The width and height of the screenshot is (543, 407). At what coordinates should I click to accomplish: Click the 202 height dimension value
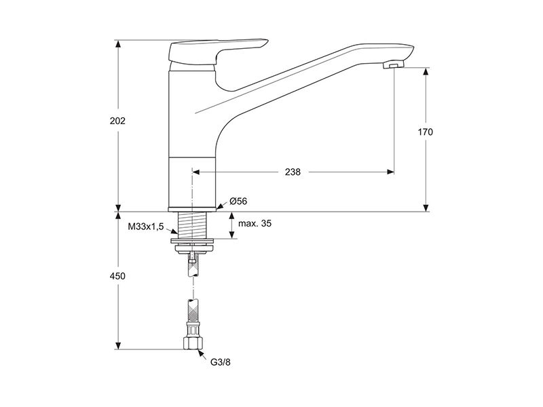117,121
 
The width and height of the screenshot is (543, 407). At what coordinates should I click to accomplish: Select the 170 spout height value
426,132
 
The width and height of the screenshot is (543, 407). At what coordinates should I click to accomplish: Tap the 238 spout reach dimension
293,172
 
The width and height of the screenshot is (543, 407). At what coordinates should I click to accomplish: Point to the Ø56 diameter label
238,201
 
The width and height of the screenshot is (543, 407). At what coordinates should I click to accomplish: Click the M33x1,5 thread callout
146,227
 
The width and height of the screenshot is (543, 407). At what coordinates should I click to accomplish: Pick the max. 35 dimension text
255,223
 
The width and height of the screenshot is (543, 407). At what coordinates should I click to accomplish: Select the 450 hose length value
117,276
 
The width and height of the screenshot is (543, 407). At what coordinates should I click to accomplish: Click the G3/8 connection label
220,362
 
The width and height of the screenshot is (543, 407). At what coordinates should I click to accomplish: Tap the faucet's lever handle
217,52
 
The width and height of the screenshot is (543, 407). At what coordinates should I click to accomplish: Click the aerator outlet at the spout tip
394,65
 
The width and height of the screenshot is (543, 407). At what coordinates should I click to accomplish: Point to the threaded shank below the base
192,225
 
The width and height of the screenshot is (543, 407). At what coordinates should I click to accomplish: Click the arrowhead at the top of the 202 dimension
118,43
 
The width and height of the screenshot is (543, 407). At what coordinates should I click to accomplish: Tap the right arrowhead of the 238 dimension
390,172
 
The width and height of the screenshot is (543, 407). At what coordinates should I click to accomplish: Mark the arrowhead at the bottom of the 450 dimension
118,345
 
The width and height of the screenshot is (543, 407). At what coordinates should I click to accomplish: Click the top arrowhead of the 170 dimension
426,71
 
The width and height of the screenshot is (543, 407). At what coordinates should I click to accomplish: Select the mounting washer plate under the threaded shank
192,241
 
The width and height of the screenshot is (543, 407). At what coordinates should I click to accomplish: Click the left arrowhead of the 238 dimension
196,172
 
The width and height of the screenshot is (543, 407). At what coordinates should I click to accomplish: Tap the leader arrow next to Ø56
222,206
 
